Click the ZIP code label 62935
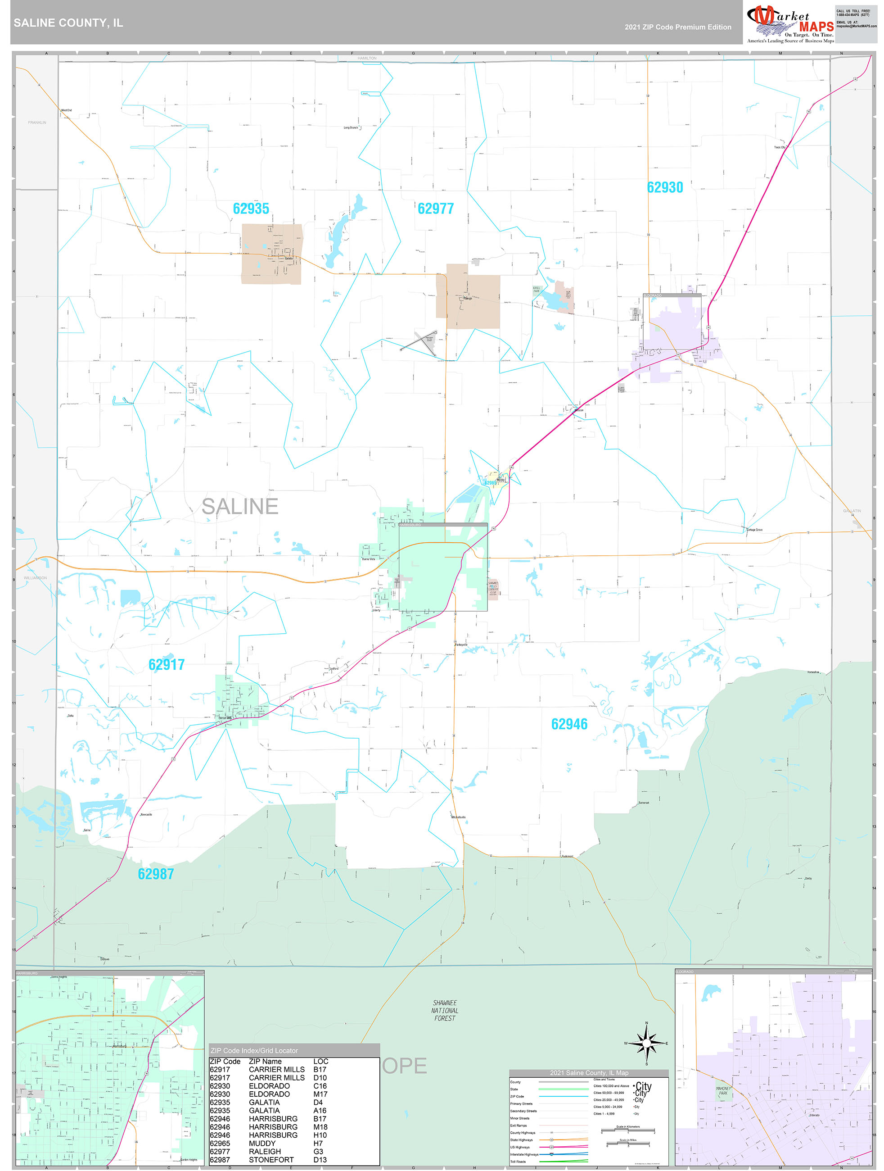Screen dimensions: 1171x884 [x=251, y=209]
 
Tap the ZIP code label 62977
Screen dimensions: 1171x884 [x=435, y=209]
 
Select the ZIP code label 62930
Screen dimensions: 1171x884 [x=665, y=187]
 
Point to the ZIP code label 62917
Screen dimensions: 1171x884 [x=166, y=664]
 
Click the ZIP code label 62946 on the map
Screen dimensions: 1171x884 [x=569, y=724]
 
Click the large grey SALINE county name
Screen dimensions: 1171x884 [x=239, y=506]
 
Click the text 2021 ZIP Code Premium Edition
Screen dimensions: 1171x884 [x=678, y=27]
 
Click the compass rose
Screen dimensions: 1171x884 [x=646, y=1043]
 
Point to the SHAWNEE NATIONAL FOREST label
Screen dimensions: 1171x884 [x=444, y=1010]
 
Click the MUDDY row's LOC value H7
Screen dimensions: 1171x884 [x=318, y=1143]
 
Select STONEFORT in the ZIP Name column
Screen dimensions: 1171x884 [x=271, y=1159]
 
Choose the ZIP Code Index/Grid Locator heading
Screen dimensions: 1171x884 [x=254, y=1050]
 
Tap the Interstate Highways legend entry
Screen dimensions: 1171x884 [x=524, y=1154]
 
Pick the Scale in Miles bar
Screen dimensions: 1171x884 [x=627, y=1144]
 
